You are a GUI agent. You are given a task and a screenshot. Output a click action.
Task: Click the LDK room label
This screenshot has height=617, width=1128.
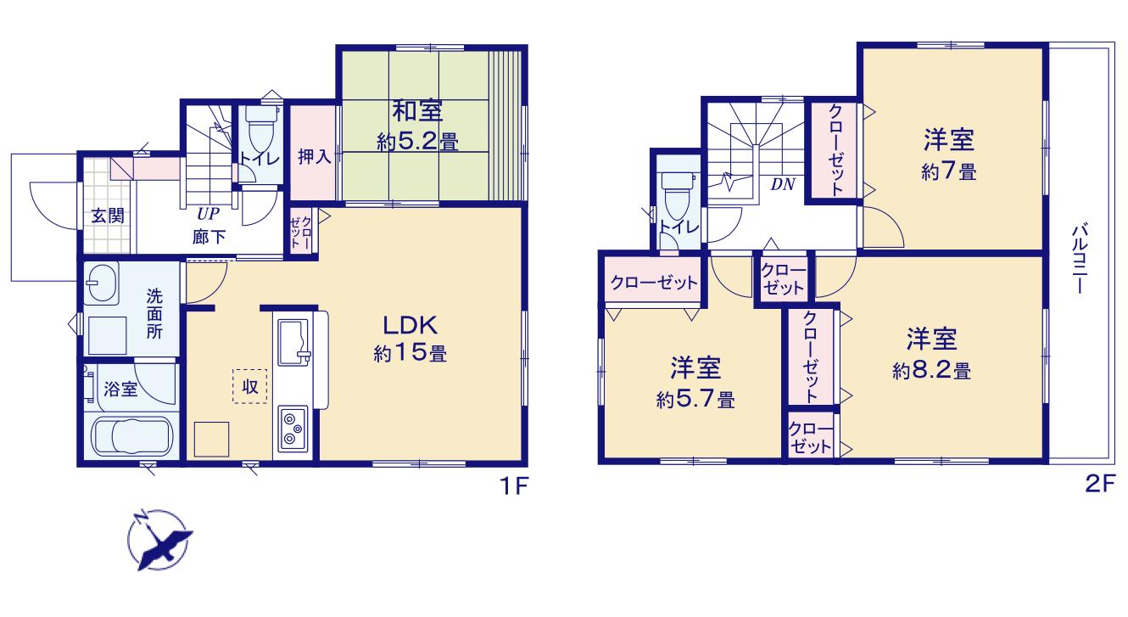(x=410, y=326)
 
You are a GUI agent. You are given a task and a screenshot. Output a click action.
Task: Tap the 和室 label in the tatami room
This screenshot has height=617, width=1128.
(x=417, y=111)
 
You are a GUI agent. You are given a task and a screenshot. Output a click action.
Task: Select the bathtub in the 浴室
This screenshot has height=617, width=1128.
(x=132, y=437)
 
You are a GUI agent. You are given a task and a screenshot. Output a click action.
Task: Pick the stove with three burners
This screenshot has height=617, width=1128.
(x=292, y=429)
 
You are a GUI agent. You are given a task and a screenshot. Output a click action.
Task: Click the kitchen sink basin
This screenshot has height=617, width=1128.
(x=293, y=342)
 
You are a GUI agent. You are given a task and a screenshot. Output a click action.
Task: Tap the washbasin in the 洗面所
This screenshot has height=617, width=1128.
(x=102, y=283)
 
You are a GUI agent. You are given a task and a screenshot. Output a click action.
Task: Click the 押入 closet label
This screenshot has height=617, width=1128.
(x=314, y=157)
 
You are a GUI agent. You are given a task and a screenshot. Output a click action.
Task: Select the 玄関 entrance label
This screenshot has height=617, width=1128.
(x=108, y=216)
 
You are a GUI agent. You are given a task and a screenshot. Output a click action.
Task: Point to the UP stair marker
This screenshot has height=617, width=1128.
(x=208, y=214)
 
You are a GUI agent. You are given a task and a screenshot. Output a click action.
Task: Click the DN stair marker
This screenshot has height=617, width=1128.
(x=783, y=185)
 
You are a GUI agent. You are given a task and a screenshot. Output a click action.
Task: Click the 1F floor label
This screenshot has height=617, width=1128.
(x=512, y=486)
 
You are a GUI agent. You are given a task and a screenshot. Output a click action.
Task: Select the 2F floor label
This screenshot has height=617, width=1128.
(x=1100, y=484)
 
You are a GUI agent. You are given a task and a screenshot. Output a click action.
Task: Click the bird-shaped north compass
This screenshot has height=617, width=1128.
(x=159, y=540)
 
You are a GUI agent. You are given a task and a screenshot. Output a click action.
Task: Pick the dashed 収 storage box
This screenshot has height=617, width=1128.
(x=249, y=386)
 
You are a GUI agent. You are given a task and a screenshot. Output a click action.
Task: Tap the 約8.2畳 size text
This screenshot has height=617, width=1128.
(x=931, y=372)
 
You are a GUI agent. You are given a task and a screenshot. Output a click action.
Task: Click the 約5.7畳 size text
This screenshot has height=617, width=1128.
(x=695, y=401)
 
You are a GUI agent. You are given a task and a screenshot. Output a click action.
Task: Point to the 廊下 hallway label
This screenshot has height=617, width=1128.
(x=209, y=237)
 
